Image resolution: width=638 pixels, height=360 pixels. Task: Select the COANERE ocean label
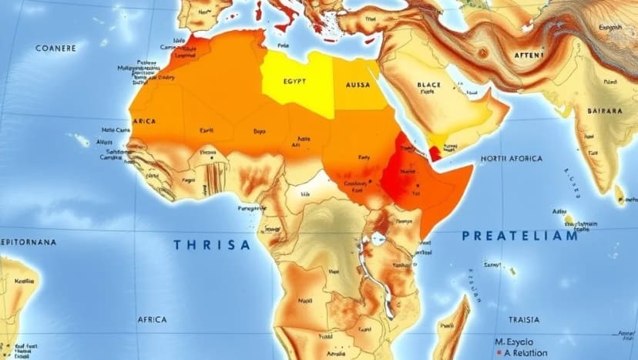56,48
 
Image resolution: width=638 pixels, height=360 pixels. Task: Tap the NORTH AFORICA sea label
512,159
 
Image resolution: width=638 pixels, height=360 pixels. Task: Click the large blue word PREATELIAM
519,236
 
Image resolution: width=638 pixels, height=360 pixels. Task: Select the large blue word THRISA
212,245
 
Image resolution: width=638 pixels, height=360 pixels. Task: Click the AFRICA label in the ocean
151,319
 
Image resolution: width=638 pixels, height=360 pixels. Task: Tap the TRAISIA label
524,319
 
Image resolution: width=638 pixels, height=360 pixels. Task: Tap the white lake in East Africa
378,240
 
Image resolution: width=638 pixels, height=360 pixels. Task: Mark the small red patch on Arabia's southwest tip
436,153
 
